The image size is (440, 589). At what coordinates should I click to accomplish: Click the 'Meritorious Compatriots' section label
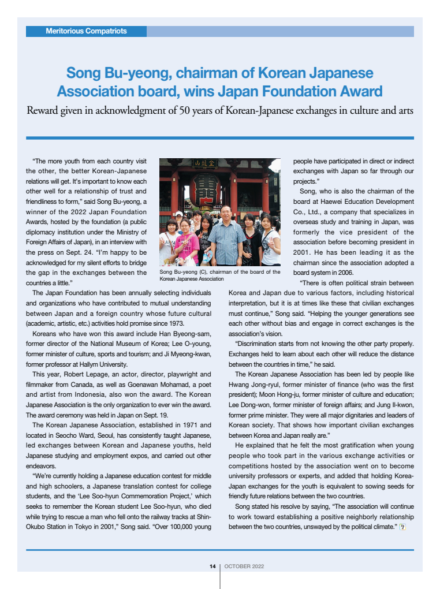(x=86, y=31)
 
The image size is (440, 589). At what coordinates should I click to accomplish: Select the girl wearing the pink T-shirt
(x=186, y=243)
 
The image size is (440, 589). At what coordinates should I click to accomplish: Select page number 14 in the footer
(x=212, y=566)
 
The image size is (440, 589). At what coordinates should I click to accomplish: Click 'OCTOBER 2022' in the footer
(x=244, y=566)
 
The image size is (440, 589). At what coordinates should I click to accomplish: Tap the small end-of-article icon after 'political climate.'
(x=402, y=527)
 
